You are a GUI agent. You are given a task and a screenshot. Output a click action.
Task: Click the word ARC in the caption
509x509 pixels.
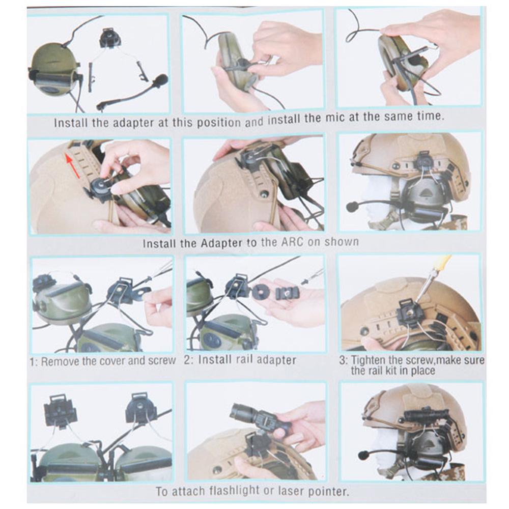tap(292, 243)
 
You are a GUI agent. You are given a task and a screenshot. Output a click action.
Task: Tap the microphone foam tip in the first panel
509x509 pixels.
tap(160, 80)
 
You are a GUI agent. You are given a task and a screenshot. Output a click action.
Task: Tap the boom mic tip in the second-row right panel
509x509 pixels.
tap(352, 207)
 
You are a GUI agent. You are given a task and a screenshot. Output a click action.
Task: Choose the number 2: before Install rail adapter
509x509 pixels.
tap(188, 360)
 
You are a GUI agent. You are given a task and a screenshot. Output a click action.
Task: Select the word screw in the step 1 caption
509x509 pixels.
tap(162, 361)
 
